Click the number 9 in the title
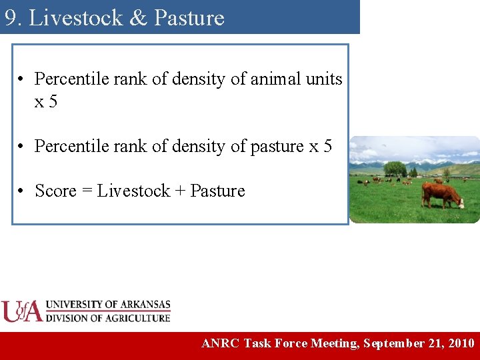click(11, 18)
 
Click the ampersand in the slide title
click(138, 18)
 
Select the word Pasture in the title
click(189, 18)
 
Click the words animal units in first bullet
click(296, 79)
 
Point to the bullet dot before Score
click(22, 192)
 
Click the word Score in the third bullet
click(55, 191)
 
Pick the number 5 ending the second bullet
click(327, 146)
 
